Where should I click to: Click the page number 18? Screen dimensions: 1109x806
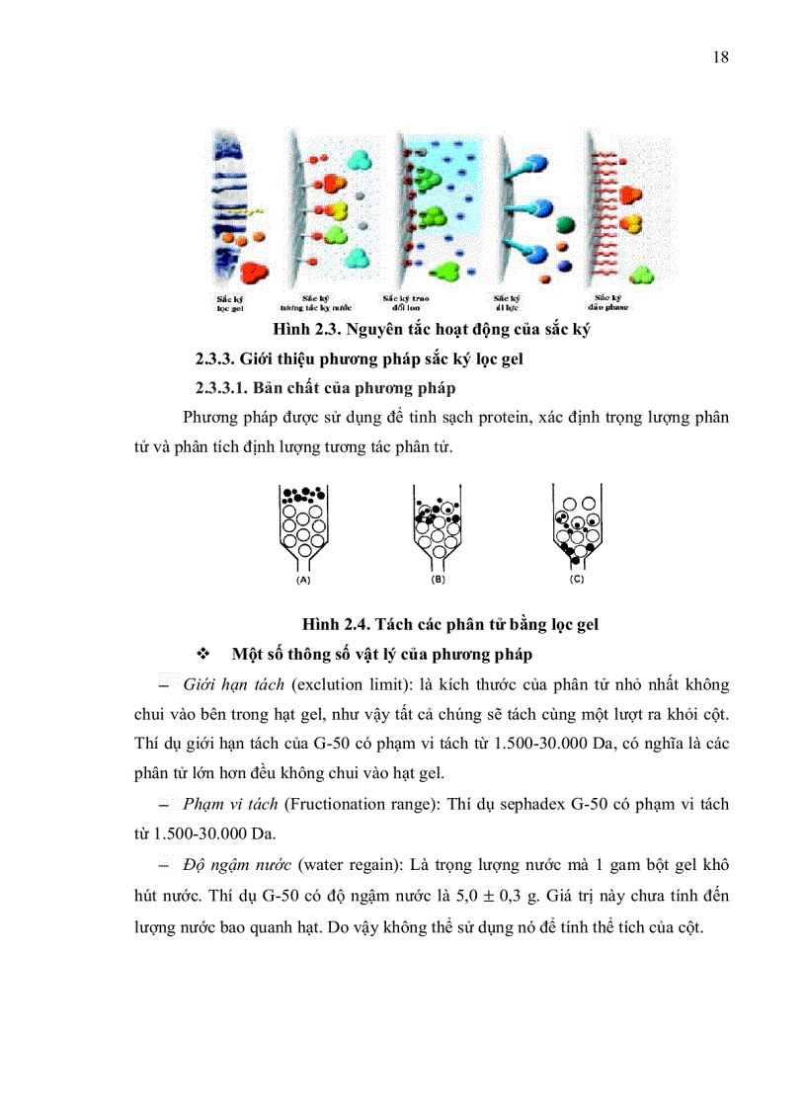click(720, 57)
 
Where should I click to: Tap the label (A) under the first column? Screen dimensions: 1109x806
click(304, 582)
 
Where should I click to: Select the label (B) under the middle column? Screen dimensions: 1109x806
click(438, 582)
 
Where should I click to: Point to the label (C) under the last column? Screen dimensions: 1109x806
click(577, 582)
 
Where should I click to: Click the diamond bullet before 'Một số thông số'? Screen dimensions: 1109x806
click(205, 655)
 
